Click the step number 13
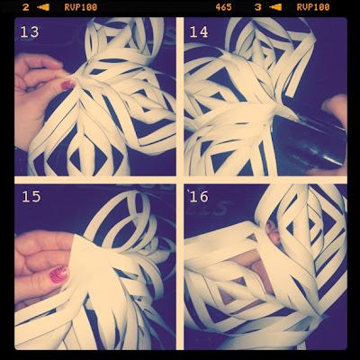[30, 31]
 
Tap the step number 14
[199, 31]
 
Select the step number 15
[31, 196]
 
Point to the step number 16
[199, 196]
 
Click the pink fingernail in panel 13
[67, 85]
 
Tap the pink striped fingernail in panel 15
[58, 274]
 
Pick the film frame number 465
[223, 7]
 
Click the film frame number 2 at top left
[26, 7]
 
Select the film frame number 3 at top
[257, 7]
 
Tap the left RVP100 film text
[81, 7]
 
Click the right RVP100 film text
[313, 7]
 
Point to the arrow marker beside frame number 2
[43, 7]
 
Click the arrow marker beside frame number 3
[275, 7]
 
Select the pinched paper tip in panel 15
[75, 240]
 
